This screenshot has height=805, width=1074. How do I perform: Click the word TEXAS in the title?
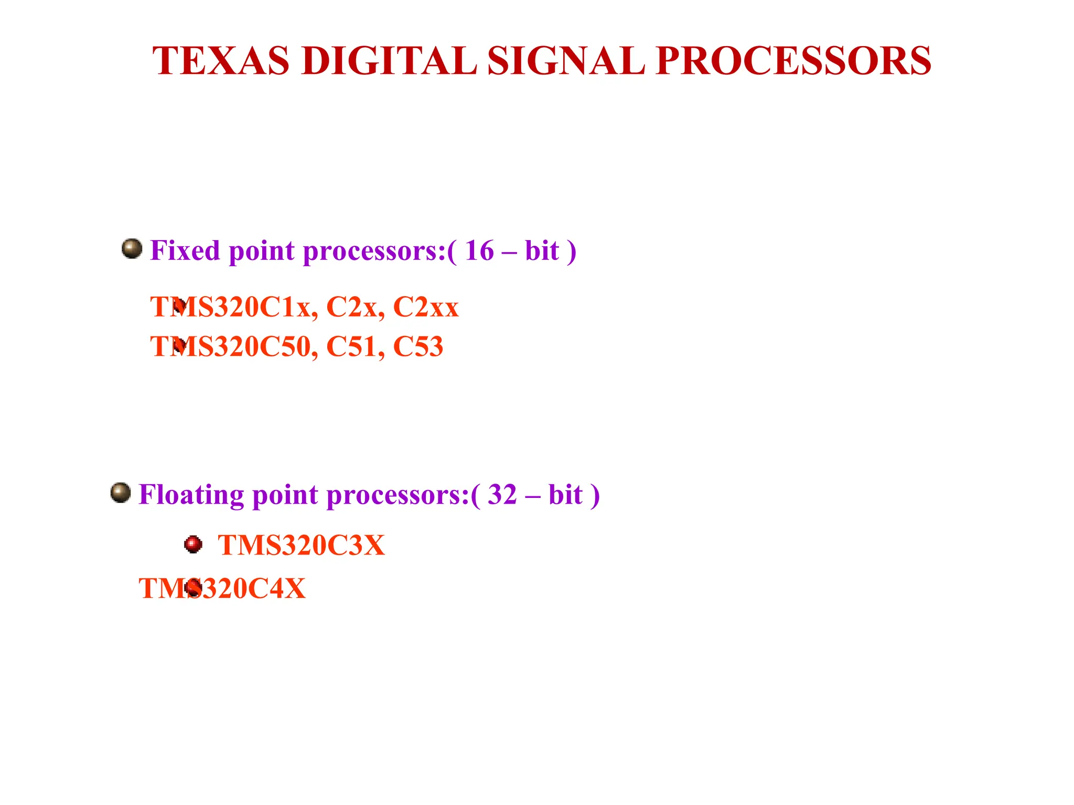tap(220, 61)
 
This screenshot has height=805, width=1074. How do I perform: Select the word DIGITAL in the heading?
tap(389, 61)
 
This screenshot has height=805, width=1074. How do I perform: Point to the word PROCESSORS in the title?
tap(793, 61)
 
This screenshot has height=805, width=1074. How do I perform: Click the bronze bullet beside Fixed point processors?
tap(132, 248)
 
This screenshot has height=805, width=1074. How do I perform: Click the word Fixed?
tap(185, 251)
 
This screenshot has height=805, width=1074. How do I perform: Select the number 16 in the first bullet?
tap(479, 251)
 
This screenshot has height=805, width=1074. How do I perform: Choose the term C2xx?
tap(426, 307)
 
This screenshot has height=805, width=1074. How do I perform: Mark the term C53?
tap(418, 347)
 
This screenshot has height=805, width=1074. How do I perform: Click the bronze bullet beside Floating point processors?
tap(121, 493)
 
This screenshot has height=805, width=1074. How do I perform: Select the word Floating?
tap(191, 495)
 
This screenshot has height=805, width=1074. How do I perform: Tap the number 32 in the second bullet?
tap(502, 495)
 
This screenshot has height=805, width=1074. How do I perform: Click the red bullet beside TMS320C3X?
tap(194, 545)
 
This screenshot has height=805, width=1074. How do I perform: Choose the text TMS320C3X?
tap(301, 546)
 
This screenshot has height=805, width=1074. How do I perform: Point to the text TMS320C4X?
tap(222, 589)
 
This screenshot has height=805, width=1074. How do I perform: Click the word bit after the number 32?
tap(565, 495)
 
